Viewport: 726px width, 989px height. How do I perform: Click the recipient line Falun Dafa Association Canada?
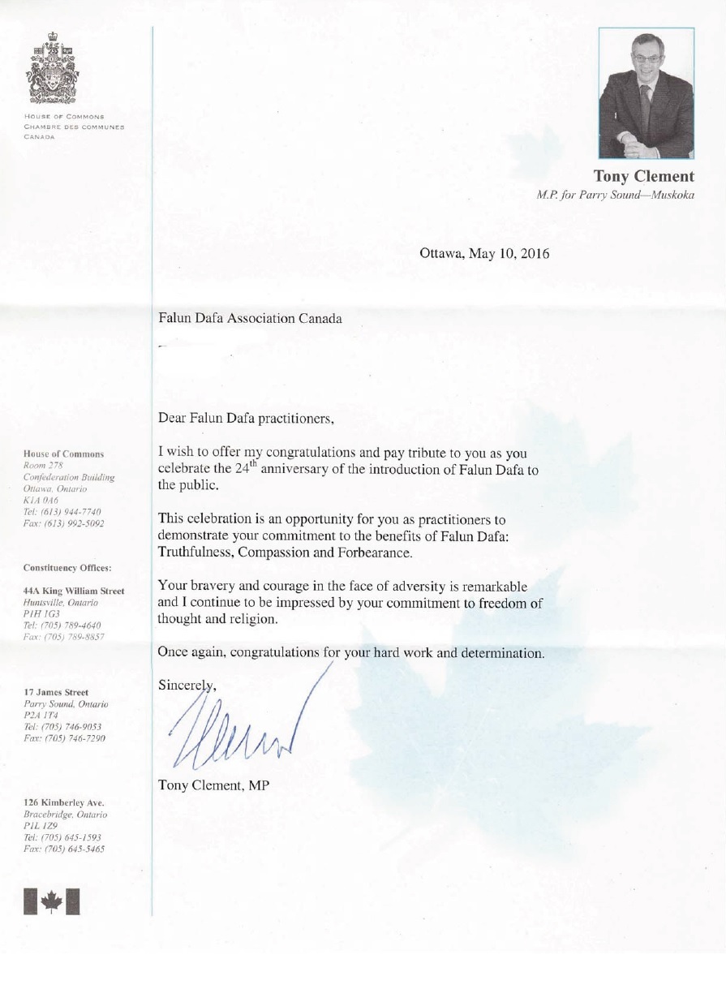click(250, 318)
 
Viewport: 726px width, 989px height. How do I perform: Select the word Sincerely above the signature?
click(187, 684)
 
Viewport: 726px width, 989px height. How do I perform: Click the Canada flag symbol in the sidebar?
click(52, 901)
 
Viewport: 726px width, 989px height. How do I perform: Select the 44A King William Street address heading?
click(74, 591)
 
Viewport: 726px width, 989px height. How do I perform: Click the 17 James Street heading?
click(56, 691)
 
